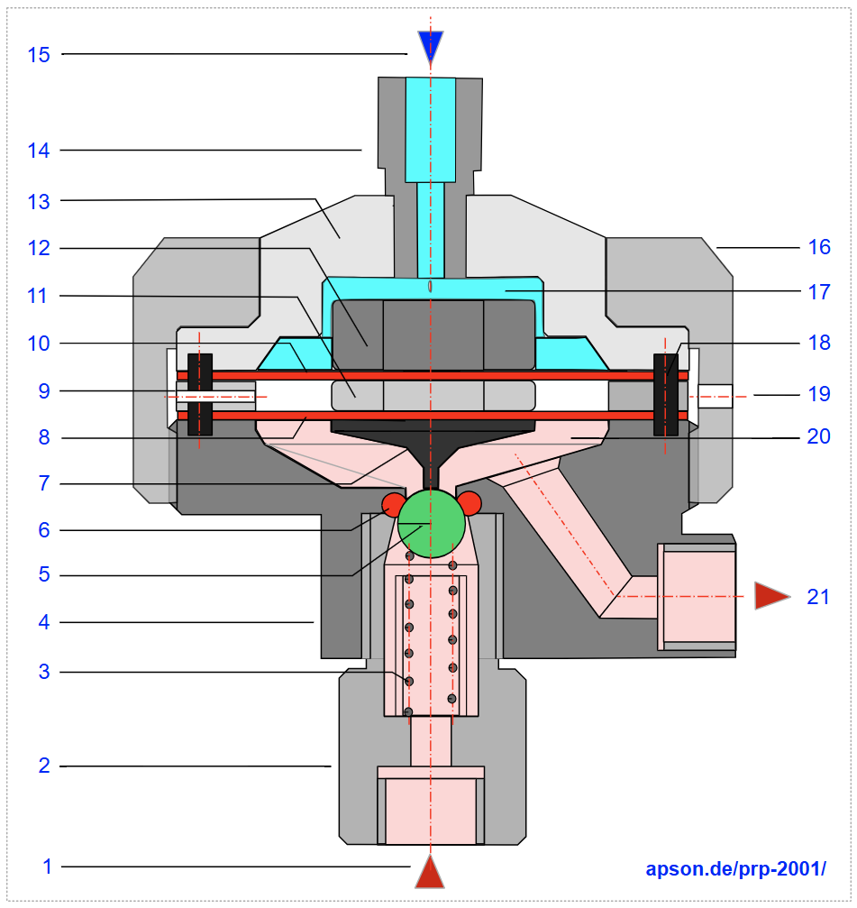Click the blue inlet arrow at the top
pyautogui.click(x=431, y=45)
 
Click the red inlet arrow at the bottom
pyautogui.click(x=431, y=873)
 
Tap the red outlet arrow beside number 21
pyautogui.click(x=770, y=595)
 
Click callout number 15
pyautogui.click(x=39, y=54)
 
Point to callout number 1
pyautogui.click(x=47, y=867)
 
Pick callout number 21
pyautogui.click(x=818, y=596)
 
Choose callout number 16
pyautogui.click(x=819, y=245)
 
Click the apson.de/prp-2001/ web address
pyautogui.click(x=735, y=869)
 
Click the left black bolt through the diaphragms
pyautogui.click(x=199, y=394)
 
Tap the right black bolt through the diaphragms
pyautogui.click(x=665, y=394)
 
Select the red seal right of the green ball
pyautogui.click(x=470, y=503)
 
